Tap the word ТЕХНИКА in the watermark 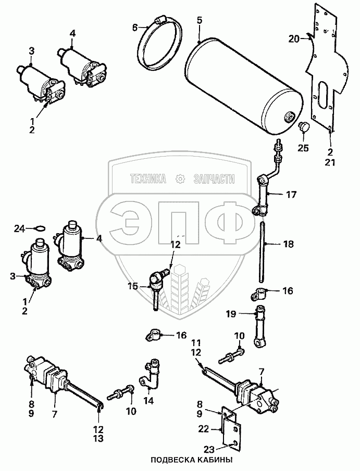[x=148, y=179]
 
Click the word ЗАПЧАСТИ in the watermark [x=214, y=179]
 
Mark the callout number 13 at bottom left [x=98, y=439]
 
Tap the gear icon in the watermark [x=181, y=179]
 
